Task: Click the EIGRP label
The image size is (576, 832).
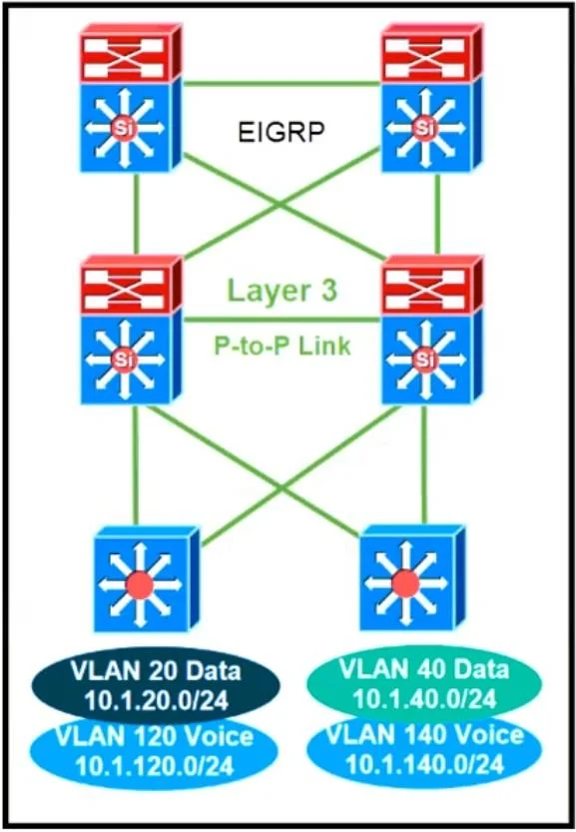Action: click(x=281, y=131)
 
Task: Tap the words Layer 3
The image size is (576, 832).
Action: click(x=282, y=291)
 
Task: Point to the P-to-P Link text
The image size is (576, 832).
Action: click(x=283, y=346)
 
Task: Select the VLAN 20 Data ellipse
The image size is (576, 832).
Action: click(x=156, y=685)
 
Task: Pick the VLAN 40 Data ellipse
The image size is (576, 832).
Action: click(x=424, y=683)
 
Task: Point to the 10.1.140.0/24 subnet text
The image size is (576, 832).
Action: click(x=424, y=765)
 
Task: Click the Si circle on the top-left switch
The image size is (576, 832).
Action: click(x=124, y=128)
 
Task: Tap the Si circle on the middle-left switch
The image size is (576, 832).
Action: click(x=124, y=361)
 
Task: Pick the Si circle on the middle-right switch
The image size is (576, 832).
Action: click(x=425, y=360)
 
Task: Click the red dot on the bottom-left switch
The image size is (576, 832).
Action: click(x=140, y=585)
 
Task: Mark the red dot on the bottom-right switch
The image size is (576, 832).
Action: click(x=406, y=583)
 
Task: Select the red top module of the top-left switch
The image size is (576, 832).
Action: click(x=131, y=52)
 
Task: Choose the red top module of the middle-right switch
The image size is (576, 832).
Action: click(x=432, y=285)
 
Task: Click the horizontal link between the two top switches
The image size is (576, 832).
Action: click(x=283, y=83)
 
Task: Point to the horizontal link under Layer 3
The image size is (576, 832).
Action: click(x=283, y=320)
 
